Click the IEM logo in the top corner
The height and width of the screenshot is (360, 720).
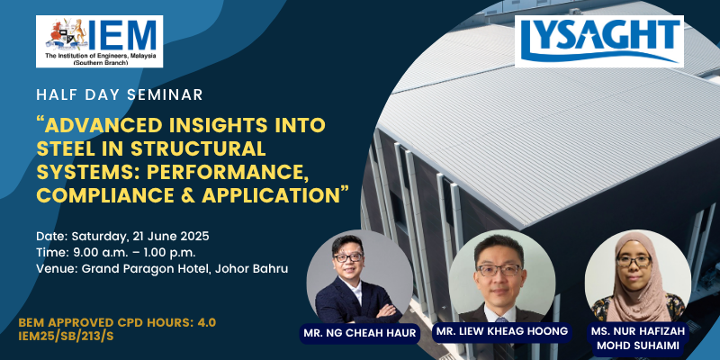[99, 41]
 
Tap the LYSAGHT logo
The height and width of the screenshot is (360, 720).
[599, 41]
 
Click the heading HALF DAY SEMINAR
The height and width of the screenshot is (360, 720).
[120, 94]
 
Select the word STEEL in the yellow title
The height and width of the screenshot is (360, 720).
[63, 148]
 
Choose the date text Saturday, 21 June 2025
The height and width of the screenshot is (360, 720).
[140, 237]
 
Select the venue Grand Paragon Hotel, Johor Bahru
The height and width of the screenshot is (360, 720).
[185, 269]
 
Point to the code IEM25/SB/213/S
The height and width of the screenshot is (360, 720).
[66, 336]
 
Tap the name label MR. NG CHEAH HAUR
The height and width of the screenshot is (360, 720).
[359, 333]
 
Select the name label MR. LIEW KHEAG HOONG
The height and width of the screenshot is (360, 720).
[502, 331]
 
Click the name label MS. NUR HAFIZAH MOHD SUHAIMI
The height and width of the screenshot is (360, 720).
[638, 339]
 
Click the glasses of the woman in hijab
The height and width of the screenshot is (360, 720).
[634, 262]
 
